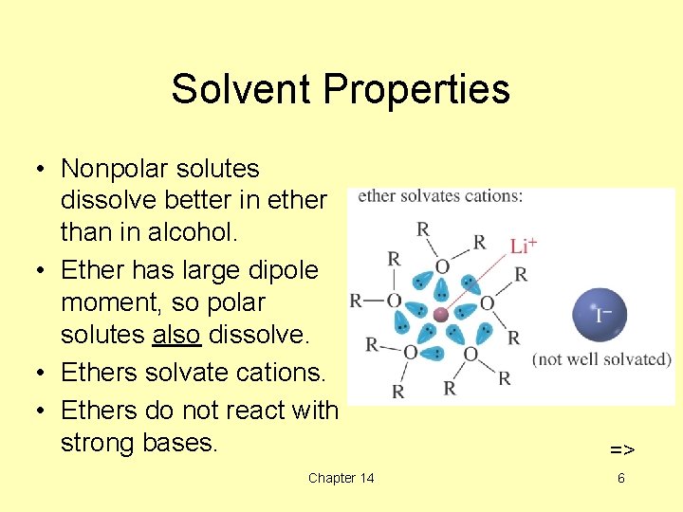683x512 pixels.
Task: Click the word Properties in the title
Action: click(x=416, y=89)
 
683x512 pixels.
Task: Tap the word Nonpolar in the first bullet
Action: click(x=112, y=169)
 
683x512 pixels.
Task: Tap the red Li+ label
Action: click(x=523, y=246)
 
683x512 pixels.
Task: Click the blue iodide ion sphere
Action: click(x=600, y=314)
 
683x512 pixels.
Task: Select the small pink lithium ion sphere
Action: click(x=440, y=314)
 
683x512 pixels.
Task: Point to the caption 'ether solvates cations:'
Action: click(x=439, y=197)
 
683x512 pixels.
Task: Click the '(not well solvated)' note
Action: click(x=601, y=359)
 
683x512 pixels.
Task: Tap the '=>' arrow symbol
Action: click(x=621, y=448)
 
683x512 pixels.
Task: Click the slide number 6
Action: click(x=621, y=478)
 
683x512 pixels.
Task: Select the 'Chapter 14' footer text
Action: click(x=341, y=478)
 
